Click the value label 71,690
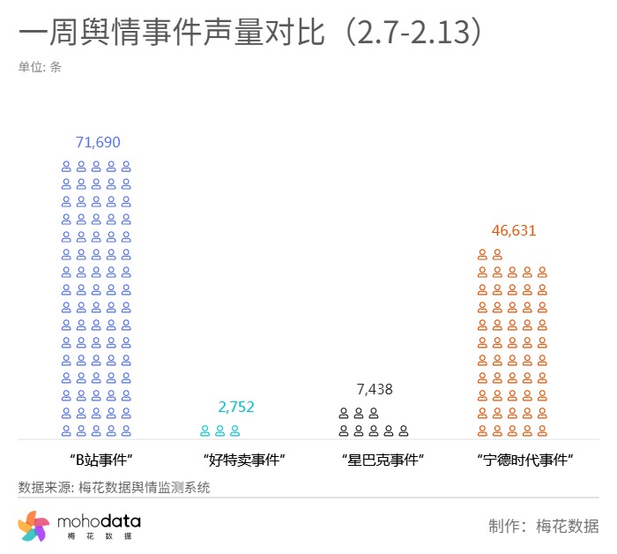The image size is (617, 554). (98, 142)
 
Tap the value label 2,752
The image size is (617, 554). (236, 407)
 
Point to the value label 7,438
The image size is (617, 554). (375, 389)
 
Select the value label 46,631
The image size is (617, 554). (514, 231)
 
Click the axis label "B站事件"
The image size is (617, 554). (100, 460)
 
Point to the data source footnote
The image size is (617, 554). (114, 487)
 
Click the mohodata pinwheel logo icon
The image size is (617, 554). (33, 527)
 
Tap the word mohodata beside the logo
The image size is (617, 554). (99, 522)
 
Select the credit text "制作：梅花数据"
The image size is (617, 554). (544, 527)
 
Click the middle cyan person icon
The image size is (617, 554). (219, 430)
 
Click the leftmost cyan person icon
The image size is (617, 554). (204, 430)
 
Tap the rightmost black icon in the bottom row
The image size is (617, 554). (404, 430)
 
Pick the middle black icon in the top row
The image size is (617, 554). (359, 413)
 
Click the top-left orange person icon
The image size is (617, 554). (482, 254)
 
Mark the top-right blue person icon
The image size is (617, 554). (126, 166)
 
